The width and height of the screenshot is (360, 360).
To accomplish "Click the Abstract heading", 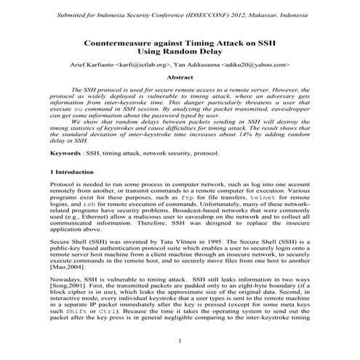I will pos(180,76).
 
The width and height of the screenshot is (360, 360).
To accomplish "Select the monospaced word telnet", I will pos(262,199).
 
